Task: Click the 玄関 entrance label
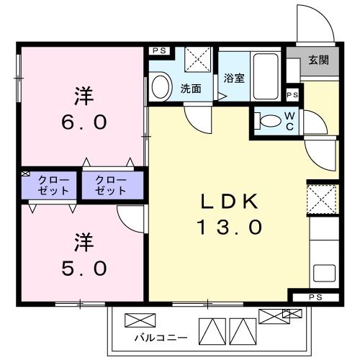(x=318, y=60)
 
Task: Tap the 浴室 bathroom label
(x=234, y=78)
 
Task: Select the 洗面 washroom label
(x=190, y=90)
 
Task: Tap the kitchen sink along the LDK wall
(x=323, y=274)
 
